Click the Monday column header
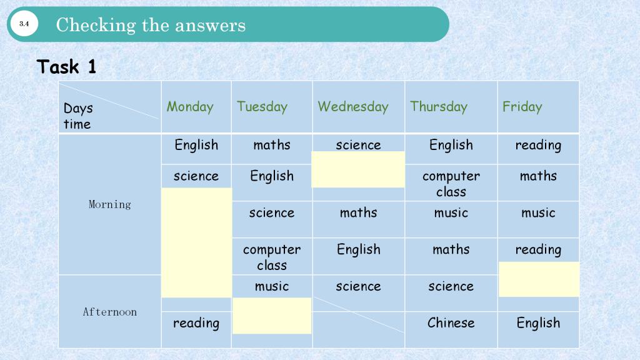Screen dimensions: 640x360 [x=190, y=106]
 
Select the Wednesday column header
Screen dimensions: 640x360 [x=353, y=106]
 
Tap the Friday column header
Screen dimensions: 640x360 [x=522, y=106]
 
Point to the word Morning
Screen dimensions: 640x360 [x=110, y=204]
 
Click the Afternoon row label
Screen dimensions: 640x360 [x=110, y=312]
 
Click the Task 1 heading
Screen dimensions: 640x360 [x=66, y=66]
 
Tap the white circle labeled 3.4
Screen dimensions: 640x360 [x=24, y=24]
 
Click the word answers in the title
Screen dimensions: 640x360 [x=210, y=26]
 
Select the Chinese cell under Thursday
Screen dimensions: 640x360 [x=451, y=323]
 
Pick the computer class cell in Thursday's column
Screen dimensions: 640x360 [x=451, y=184]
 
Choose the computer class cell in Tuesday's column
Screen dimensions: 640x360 [x=272, y=257]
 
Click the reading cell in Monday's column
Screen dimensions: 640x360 [x=196, y=323]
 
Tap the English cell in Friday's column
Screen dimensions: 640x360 [x=538, y=323]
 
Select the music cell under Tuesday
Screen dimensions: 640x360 [x=272, y=286]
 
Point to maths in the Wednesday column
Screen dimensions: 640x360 [x=358, y=212]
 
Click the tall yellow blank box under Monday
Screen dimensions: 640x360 [x=197, y=242]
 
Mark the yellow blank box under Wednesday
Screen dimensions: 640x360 [x=358, y=169]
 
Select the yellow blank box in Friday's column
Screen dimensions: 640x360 [x=539, y=279]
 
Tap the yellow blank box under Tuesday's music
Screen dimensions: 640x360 [x=272, y=316]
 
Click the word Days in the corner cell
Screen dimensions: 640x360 [x=78, y=109]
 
